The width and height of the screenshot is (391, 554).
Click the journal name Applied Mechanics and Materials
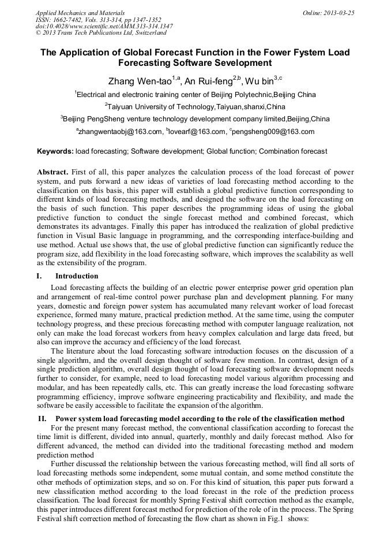pyautogui.click(x=80, y=12)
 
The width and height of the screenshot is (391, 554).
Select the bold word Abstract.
pyautogui.click(x=52, y=172)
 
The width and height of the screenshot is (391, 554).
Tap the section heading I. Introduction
pyautogui.click(x=77, y=276)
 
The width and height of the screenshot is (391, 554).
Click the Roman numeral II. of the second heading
pyautogui.click(x=42, y=417)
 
